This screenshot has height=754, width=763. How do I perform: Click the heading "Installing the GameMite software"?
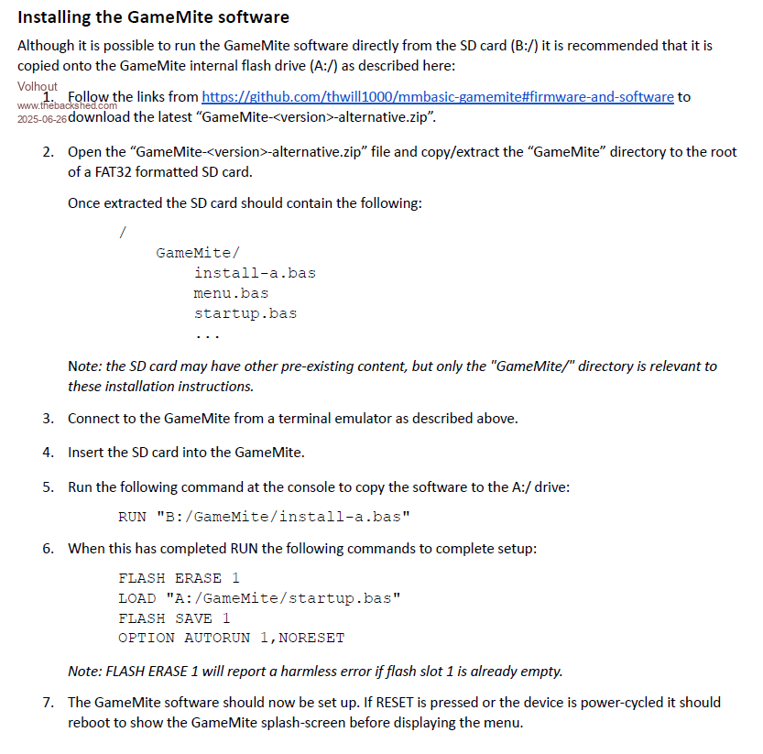154,16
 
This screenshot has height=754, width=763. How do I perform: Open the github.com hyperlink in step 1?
437,96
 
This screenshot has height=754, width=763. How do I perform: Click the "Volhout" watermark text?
37,86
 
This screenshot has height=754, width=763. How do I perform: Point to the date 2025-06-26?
42,119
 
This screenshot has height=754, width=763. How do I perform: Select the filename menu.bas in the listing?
231,293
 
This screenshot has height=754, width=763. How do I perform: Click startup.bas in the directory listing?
245,313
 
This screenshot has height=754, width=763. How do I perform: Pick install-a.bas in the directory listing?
255,273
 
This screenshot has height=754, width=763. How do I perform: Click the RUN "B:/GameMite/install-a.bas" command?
264,517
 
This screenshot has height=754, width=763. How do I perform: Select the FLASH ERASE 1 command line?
179,578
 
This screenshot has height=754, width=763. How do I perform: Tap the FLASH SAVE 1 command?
174,618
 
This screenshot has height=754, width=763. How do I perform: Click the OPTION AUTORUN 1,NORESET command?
231,639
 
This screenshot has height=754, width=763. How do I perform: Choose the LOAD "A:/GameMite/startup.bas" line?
259,598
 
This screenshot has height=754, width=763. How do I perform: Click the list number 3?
48,418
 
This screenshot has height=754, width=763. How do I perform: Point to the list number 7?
48,702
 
